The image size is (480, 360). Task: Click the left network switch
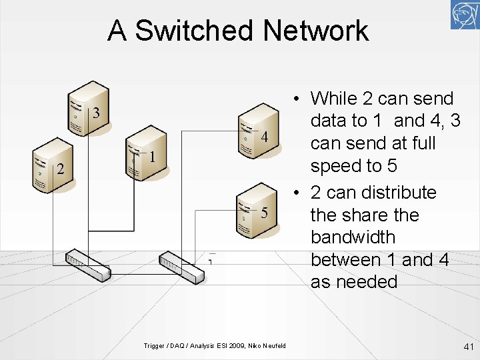tap(87, 265)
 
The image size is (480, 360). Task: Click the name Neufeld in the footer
tap(273, 345)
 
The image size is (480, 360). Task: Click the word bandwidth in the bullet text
tap(353, 237)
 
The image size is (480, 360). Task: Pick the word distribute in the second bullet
tap(397, 193)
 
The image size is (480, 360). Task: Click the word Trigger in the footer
tap(154, 345)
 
